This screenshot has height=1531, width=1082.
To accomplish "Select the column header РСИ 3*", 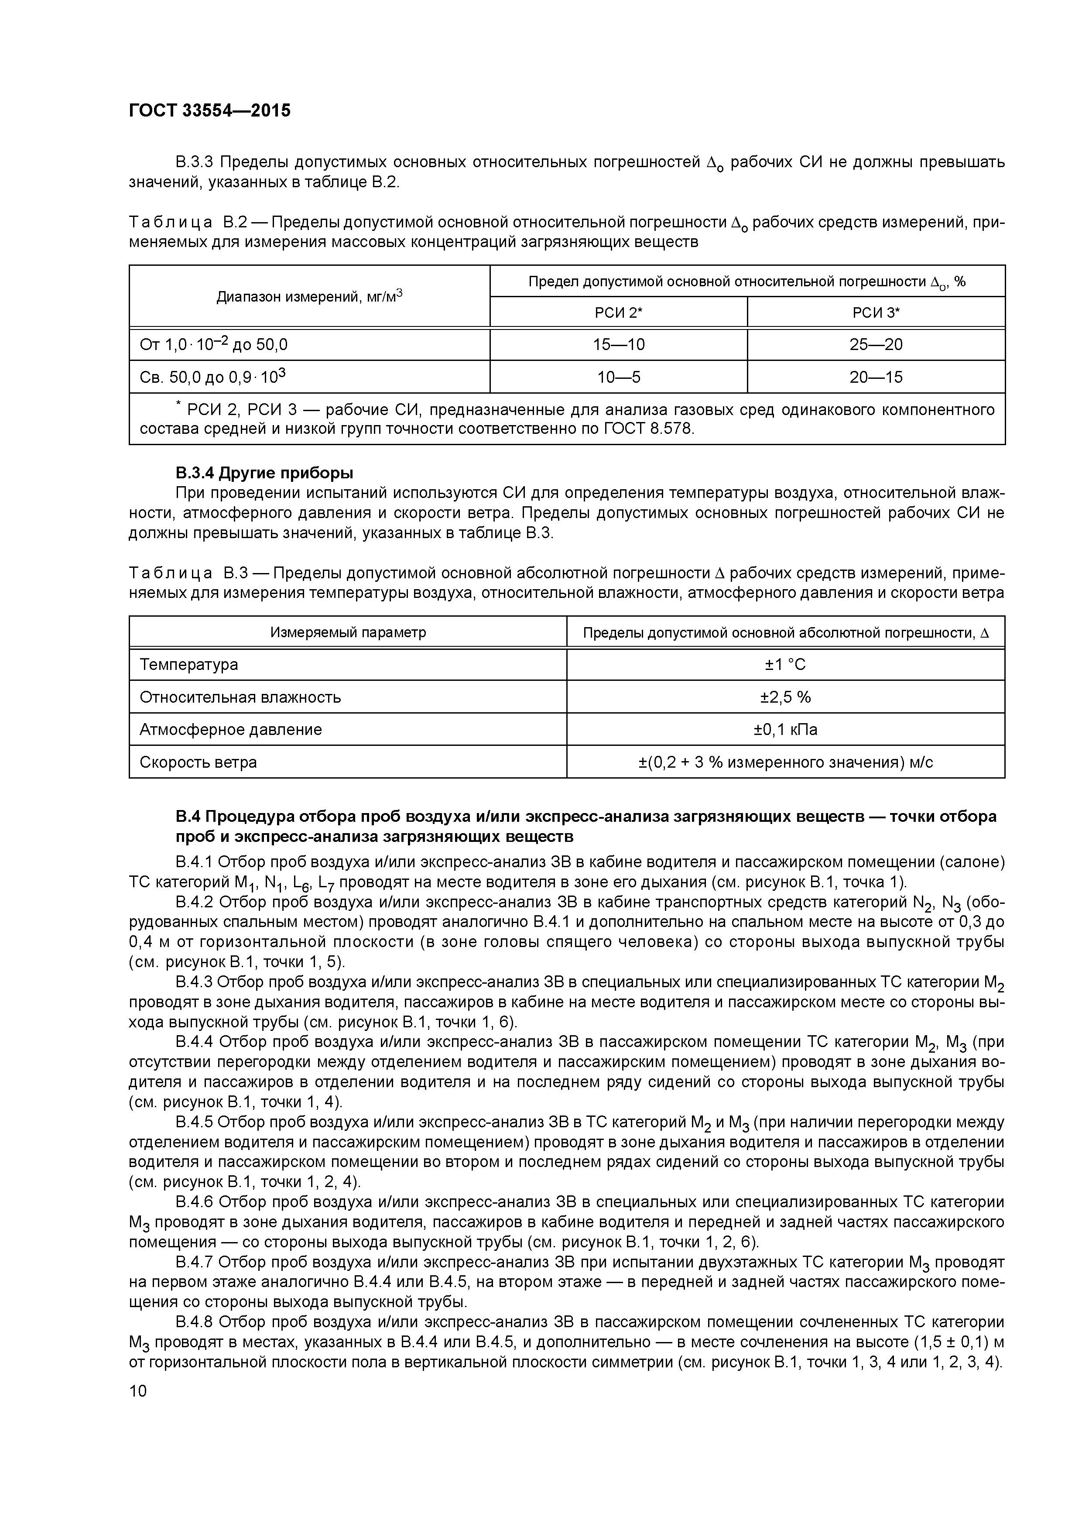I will [876, 312].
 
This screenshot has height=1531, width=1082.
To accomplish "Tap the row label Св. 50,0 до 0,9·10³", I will [212, 378].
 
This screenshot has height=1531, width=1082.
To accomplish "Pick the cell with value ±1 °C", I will [785, 665].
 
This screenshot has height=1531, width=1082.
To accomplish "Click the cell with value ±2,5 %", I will [785, 697].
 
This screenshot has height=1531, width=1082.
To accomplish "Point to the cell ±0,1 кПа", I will [785, 729].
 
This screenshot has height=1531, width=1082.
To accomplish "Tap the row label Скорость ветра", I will [198, 762].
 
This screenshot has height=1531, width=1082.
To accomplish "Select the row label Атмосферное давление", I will [231, 729].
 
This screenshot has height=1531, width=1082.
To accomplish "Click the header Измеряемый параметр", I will [348, 632].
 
